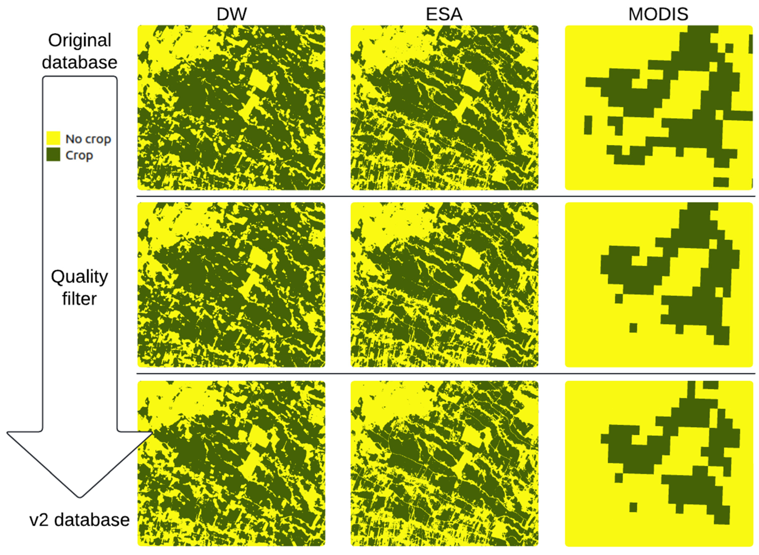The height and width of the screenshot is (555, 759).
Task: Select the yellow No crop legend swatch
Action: (x=53, y=138)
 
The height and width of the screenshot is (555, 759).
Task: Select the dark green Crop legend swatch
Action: (x=53, y=155)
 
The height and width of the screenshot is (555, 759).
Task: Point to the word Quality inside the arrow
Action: (x=80, y=277)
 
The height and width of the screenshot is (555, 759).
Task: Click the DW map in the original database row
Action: (x=231, y=108)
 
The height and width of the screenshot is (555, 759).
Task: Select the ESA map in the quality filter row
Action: (x=444, y=285)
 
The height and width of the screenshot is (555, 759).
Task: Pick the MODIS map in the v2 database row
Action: (x=659, y=463)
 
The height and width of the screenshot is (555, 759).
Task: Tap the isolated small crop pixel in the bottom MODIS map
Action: (x=633, y=507)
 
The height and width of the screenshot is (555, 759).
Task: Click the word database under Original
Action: (x=80, y=62)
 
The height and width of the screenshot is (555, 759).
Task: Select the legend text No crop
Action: (x=88, y=139)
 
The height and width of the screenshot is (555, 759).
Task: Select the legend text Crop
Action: (x=79, y=155)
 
